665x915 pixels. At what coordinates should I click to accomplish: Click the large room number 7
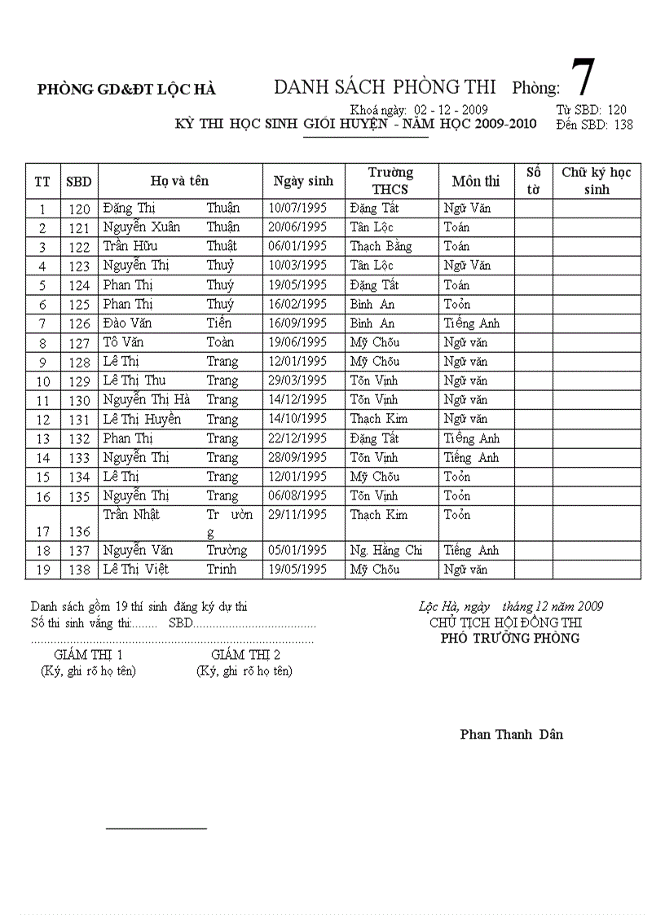click(583, 80)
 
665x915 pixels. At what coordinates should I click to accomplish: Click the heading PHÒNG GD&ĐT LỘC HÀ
click(126, 90)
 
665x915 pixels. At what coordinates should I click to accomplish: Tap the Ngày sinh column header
click(303, 181)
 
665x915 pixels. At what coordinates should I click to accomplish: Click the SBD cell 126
click(79, 323)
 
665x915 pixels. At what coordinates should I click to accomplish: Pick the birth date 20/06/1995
click(297, 227)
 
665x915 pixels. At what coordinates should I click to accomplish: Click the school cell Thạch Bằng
click(381, 246)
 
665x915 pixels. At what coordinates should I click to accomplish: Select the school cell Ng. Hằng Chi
click(386, 551)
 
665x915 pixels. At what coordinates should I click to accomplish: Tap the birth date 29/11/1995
click(297, 515)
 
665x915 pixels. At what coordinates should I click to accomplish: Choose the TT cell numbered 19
click(43, 570)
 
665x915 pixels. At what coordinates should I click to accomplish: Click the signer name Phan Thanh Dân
click(511, 734)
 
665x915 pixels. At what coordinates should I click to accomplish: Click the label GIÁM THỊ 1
click(88, 655)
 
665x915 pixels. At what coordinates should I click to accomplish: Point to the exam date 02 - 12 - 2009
click(451, 109)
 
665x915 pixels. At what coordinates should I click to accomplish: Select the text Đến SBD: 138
click(594, 125)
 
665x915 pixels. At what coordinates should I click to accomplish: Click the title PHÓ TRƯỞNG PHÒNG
click(510, 638)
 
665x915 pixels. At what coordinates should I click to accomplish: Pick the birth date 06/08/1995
click(297, 496)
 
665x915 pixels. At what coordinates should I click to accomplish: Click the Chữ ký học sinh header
click(597, 181)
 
